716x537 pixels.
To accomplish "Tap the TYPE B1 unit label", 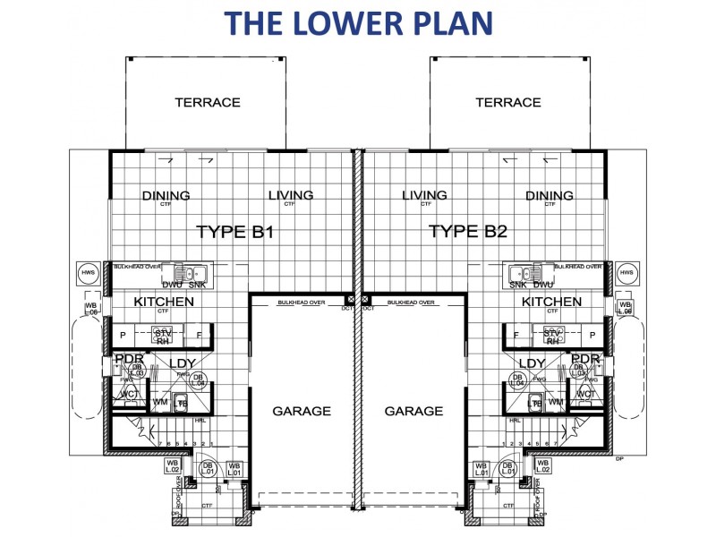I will click(x=234, y=233).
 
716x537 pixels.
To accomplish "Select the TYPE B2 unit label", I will click(x=468, y=233).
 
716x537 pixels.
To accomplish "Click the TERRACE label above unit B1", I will click(x=208, y=102).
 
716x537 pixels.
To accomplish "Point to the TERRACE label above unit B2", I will click(x=508, y=102).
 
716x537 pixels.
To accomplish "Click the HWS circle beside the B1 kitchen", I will click(x=88, y=273).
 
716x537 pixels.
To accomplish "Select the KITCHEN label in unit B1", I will click(x=164, y=302).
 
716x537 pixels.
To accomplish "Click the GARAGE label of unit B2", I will click(x=413, y=411).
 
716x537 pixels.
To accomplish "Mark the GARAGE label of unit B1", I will click(x=301, y=411).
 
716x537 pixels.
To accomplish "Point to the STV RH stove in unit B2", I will click(x=552, y=337).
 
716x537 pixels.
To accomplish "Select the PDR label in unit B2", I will click(x=585, y=359).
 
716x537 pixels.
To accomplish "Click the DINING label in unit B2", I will click(x=550, y=196).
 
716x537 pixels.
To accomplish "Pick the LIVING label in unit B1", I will click(x=290, y=195).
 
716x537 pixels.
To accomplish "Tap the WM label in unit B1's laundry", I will click(x=160, y=402).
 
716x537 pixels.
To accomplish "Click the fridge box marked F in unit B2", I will click(x=516, y=337).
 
